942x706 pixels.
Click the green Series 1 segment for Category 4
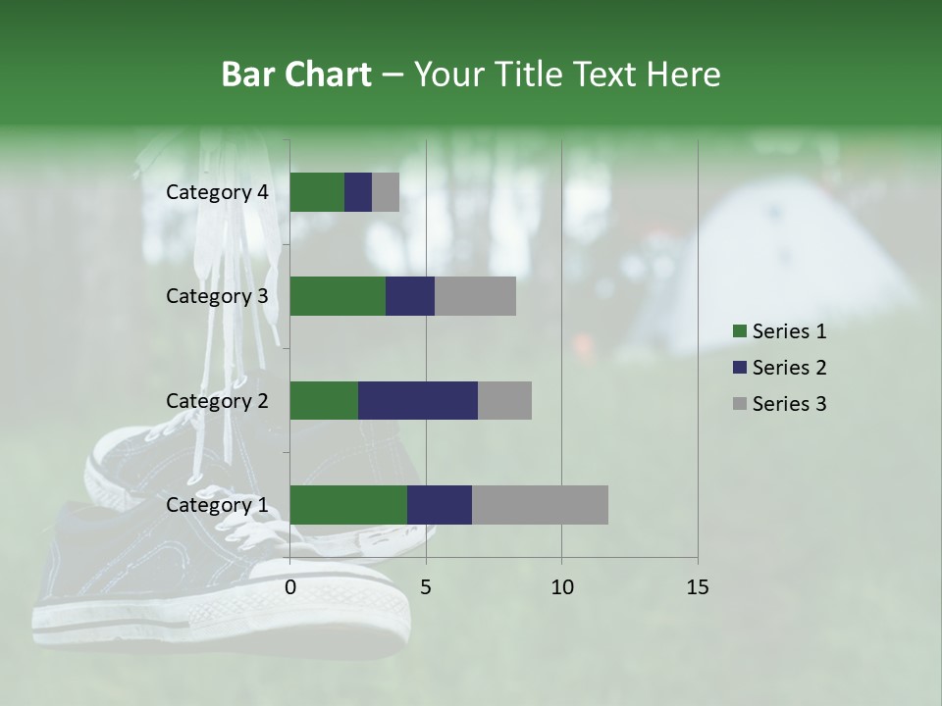(x=317, y=192)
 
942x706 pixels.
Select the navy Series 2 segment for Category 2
(x=417, y=400)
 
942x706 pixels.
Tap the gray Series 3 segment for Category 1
(x=540, y=505)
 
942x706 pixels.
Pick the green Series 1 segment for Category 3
(x=338, y=296)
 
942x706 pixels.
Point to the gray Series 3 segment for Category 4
(x=386, y=192)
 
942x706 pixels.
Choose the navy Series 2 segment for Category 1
(x=440, y=505)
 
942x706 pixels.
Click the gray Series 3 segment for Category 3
(x=475, y=296)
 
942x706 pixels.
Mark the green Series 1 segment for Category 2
(x=324, y=400)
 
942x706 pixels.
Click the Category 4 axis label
(x=217, y=192)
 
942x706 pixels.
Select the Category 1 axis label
(x=217, y=505)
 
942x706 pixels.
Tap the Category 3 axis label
(x=217, y=296)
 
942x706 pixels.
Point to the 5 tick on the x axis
(x=426, y=587)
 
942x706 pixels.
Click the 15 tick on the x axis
(x=698, y=587)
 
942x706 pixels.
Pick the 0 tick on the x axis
(x=290, y=587)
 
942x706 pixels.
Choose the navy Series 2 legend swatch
(x=739, y=368)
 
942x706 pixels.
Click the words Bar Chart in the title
(x=296, y=74)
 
